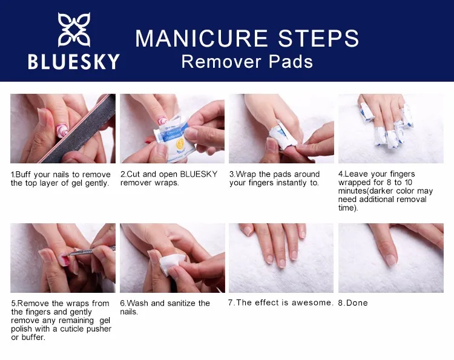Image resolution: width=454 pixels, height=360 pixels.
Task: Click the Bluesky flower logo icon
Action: click(74, 30)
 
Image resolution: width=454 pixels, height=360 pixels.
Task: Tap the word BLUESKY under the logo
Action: click(74, 62)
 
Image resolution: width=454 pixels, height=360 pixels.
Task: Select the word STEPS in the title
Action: click(318, 38)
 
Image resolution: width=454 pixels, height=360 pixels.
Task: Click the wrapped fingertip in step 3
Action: click(282, 136)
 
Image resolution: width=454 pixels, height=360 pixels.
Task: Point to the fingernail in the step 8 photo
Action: click(391, 260)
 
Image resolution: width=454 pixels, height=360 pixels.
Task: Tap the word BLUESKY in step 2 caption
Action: click(199, 174)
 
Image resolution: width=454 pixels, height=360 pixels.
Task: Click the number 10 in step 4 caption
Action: click(408, 182)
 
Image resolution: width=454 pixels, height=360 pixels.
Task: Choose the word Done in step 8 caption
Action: click(357, 303)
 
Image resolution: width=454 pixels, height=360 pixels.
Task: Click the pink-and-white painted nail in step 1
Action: click(62, 130)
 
